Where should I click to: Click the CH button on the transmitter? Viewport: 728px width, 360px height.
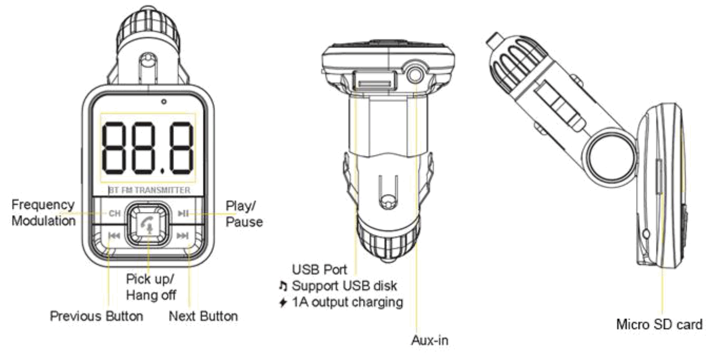click(114, 214)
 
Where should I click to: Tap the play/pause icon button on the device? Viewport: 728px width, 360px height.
click(183, 214)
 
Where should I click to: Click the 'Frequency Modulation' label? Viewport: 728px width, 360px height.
click(43, 213)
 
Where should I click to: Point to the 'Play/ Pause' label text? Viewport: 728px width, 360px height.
click(244, 214)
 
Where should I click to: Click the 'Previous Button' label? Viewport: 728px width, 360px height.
click(96, 316)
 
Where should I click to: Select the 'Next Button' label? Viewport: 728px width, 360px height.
click(203, 316)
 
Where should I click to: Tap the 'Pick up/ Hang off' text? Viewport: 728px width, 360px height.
click(151, 287)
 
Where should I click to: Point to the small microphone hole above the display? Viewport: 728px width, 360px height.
click(164, 101)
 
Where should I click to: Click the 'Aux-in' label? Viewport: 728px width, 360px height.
click(430, 340)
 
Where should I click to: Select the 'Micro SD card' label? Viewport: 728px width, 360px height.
click(659, 324)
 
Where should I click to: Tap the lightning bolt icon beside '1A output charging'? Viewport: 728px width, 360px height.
click(283, 303)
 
